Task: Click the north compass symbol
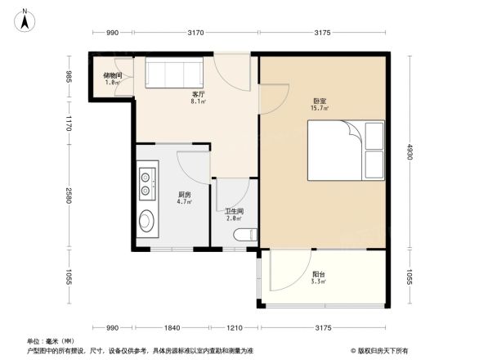tap(25, 18)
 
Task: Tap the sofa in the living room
tap(170, 73)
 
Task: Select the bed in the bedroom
tap(345, 150)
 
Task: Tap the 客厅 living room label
tap(197, 95)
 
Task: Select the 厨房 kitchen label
tap(185, 195)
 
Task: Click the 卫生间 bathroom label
tap(235, 211)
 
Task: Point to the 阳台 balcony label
tap(317, 275)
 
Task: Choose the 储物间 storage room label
tap(113, 76)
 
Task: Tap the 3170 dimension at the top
tap(195, 33)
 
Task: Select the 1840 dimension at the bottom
tap(172, 327)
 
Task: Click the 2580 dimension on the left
tap(70, 196)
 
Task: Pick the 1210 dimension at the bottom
tap(235, 327)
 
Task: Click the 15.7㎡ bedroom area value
tap(319, 108)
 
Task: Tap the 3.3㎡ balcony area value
tap(317, 282)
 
